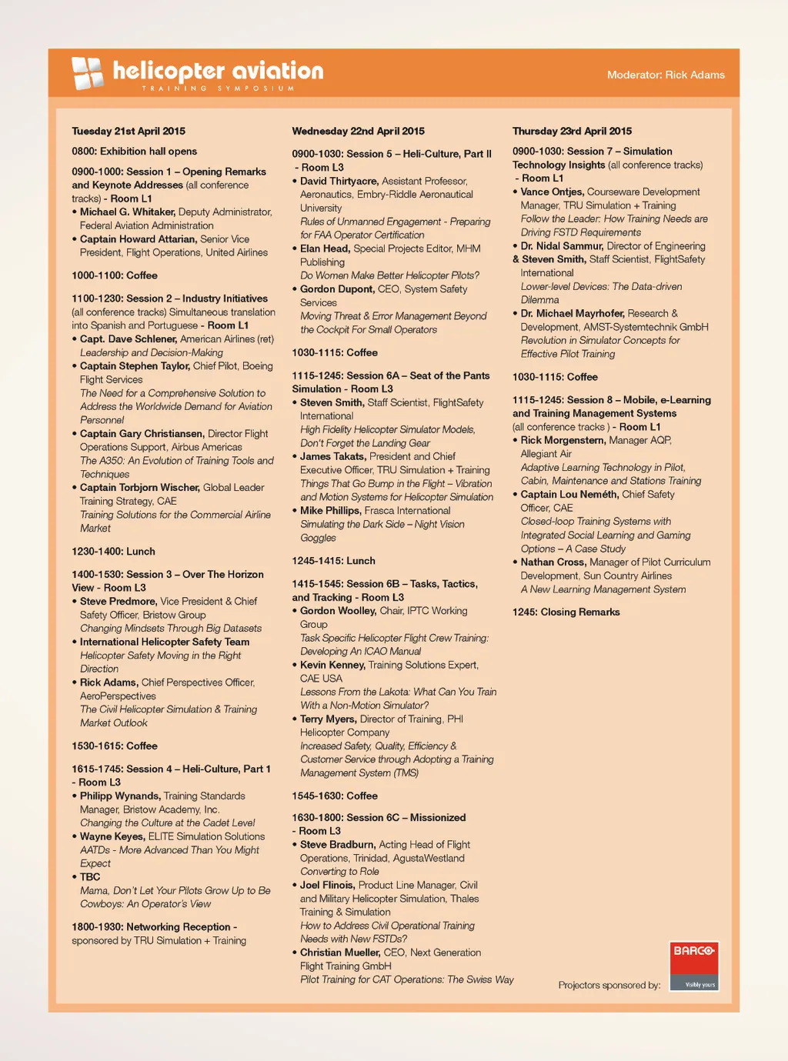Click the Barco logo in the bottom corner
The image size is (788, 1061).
(x=693, y=966)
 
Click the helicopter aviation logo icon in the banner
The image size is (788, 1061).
(x=87, y=74)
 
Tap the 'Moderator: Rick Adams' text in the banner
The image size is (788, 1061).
(x=666, y=75)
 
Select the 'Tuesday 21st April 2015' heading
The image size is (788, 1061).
(x=129, y=131)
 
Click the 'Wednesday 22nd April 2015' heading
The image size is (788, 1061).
(x=358, y=131)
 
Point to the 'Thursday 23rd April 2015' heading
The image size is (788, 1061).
(x=572, y=131)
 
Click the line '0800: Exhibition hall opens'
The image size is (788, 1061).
(x=134, y=151)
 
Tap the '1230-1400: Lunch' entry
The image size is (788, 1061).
(x=113, y=551)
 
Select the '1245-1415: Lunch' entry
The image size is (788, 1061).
(x=333, y=560)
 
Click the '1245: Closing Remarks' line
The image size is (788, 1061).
(x=566, y=612)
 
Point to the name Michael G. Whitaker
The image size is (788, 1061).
(x=128, y=212)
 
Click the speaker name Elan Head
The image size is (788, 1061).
(x=325, y=249)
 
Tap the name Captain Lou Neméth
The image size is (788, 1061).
(x=569, y=494)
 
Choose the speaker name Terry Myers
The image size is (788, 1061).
(x=328, y=719)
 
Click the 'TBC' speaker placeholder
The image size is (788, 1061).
(x=90, y=876)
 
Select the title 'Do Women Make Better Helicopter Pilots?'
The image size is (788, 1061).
(x=389, y=275)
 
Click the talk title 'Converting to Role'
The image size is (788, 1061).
(x=339, y=871)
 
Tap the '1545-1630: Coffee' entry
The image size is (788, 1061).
(x=335, y=796)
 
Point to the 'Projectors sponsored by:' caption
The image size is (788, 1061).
(x=609, y=985)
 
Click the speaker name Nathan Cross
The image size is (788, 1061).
(x=553, y=562)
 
